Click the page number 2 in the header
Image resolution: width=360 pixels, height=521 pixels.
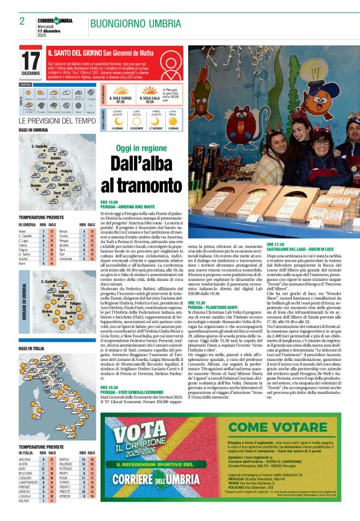[x=22, y=21]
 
